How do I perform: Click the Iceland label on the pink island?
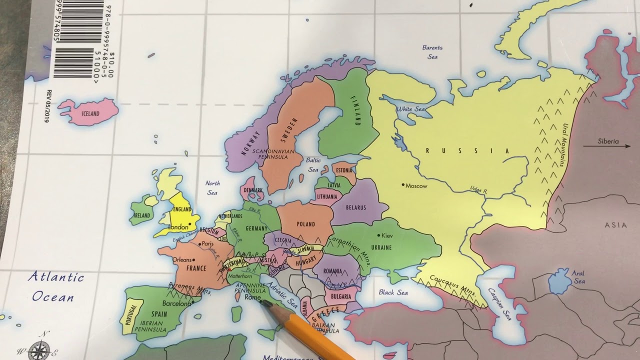click(x=88, y=114)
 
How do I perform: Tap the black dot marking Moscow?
click(x=403, y=185)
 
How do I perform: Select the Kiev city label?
click(x=387, y=235)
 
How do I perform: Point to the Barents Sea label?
click(x=432, y=52)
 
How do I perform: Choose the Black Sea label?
click(x=393, y=292)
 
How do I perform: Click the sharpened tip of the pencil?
click(x=264, y=303)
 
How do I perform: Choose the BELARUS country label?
click(x=355, y=207)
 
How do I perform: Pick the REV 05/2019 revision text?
click(x=49, y=106)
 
